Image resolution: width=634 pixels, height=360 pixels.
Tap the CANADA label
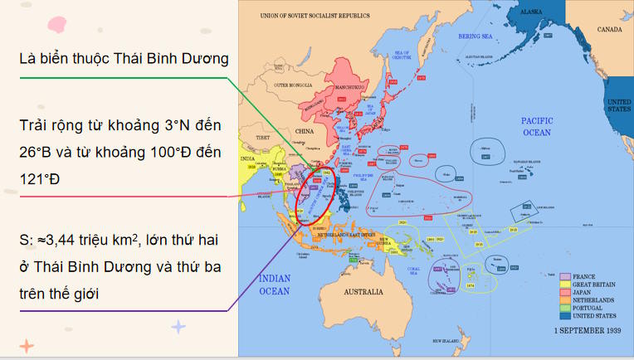610,29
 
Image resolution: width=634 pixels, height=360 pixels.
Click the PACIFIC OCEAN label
536,126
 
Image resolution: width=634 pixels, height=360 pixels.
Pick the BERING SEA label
476,37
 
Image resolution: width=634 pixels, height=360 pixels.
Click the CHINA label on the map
306,130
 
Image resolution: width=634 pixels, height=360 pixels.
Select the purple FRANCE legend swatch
564,276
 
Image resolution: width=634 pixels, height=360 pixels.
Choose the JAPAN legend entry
584,292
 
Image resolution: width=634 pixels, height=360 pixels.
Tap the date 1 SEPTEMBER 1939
588,329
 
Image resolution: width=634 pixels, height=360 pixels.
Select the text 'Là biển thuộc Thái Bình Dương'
124,58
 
